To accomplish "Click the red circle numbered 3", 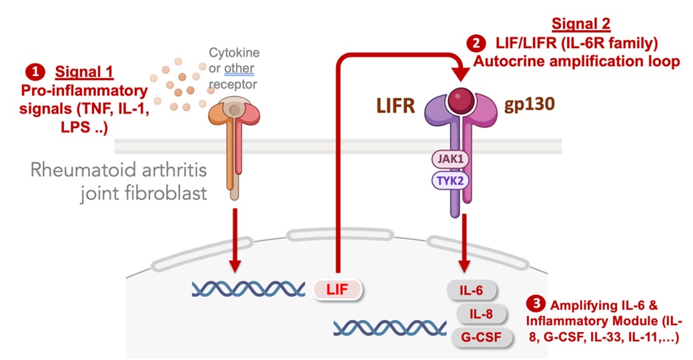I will tap(535, 303).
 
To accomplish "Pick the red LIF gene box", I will tap(338, 288).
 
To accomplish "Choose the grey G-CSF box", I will tap(481, 337).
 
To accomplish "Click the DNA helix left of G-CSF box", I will tap(390, 327).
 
